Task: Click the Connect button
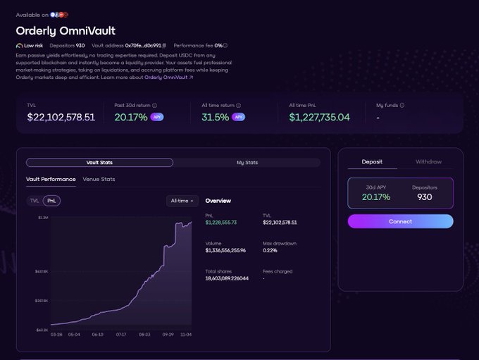pyautogui.click(x=400, y=221)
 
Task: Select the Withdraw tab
pyautogui.click(x=428, y=162)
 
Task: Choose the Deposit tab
pyautogui.click(x=372, y=162)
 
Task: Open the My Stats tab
pyautogui.click(x=247, y=163)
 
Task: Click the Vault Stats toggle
pyautogui.click(x=99, y=163)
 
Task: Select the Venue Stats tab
pyautogui.click(x=99, y=179)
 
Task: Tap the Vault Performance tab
pyautogui.click(x=51, y=179)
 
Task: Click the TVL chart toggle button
pyautogui.click(x=35, y=201)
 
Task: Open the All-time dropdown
pyautogui.click(x=182, y=201)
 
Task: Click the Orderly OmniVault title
pyautogui.click(x=65, y=31)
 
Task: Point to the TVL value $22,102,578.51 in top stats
pyautogui.click(x=61, y=117)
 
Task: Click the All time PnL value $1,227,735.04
pyautogui.click(x=319, y=117)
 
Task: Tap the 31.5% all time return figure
pyautogui.click(x=215, y=117)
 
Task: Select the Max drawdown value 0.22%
pyautogui.click(x=270, y=250)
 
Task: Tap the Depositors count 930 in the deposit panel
pyautogui.click(x=424, y=197)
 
